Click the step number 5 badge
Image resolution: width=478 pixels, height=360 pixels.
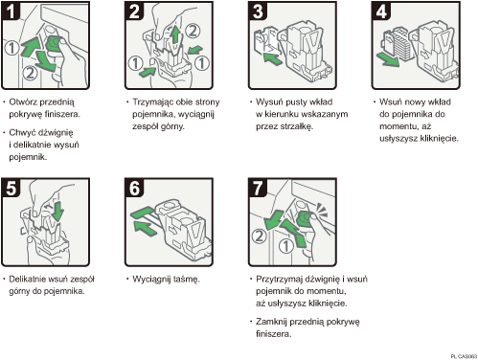tap(13, 189)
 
